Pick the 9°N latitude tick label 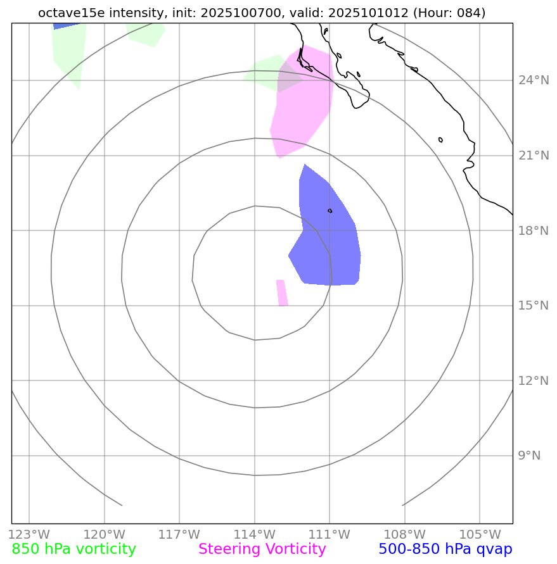(529, 456)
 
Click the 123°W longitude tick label (29, 534)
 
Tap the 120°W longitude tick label (104, 534)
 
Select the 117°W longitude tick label (179, 534)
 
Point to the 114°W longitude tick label (255, 534)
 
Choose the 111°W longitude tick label (330, 534)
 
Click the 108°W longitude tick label (405, 534)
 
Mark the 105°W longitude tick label (480, 534)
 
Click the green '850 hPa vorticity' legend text (74, 549)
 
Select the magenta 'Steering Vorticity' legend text (262, 549)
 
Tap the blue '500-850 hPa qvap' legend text (445, 549)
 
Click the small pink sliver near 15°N (282, 293)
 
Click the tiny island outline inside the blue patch (330, 211)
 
